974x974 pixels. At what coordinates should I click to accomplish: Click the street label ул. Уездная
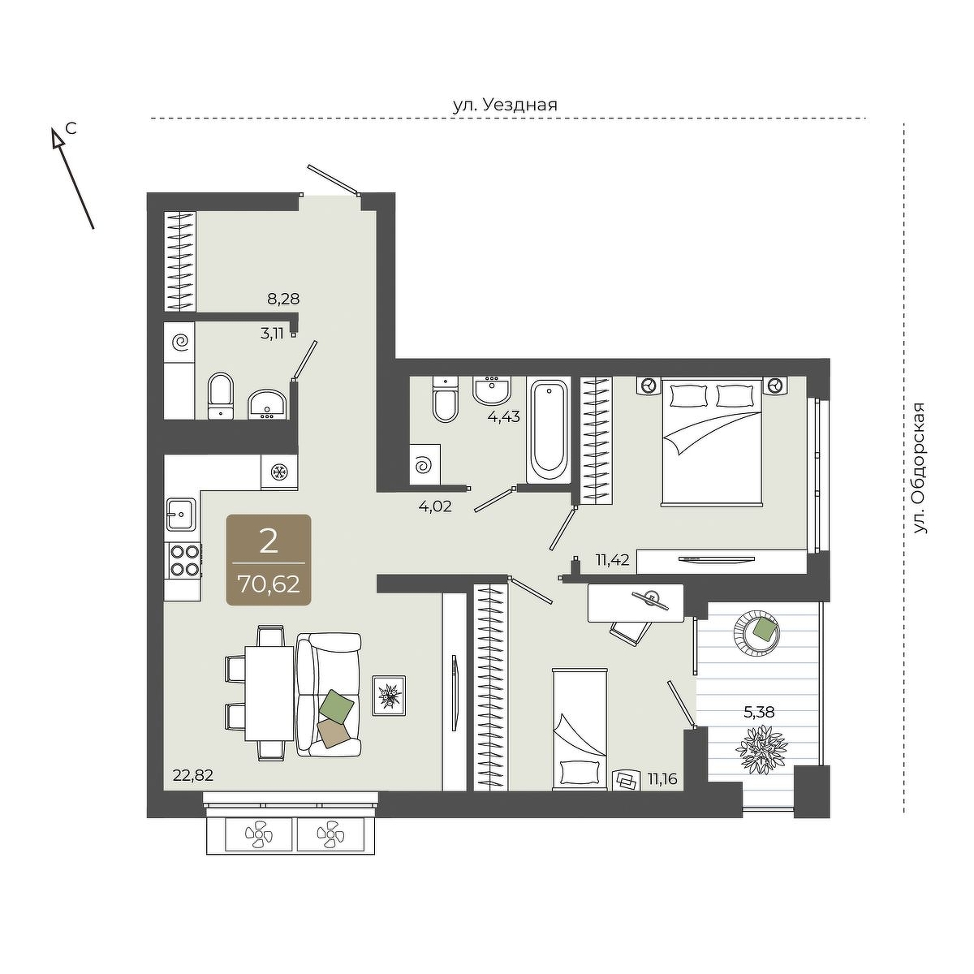point(504,105)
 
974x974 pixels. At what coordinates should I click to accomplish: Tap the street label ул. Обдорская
point(920,468)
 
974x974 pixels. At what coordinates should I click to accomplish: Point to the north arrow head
point(57,137)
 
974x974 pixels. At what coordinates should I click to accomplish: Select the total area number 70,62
point(269,584)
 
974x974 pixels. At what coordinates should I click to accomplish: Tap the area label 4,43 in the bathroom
point(503,416)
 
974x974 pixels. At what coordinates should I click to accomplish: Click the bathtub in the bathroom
point(549,430)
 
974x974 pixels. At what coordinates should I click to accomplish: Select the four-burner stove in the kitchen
point(184,561)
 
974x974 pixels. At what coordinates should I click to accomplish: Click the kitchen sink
point(182,514)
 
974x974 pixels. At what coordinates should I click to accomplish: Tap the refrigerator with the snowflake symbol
point(279,472)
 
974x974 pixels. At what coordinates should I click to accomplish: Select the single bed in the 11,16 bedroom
point(580,728)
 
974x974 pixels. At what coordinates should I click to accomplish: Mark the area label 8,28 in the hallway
point(283,300)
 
